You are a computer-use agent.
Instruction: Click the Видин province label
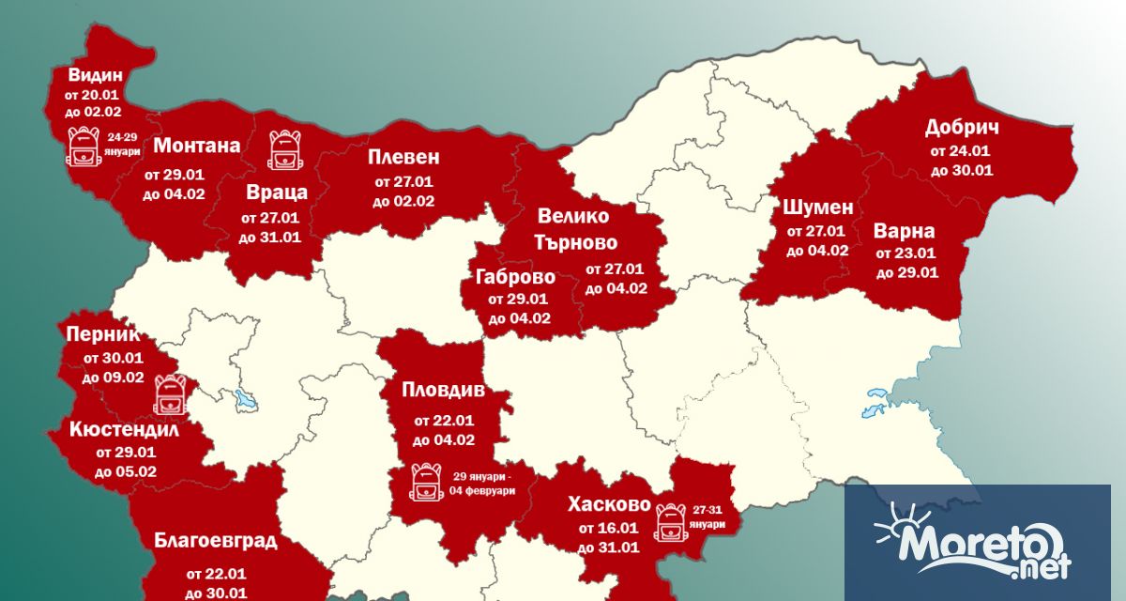[95, 75]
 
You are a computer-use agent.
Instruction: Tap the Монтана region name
[196, 146]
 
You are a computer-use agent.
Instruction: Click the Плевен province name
[403, 157]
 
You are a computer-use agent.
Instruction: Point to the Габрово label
[515, 277]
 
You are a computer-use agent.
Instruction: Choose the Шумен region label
[817, 208]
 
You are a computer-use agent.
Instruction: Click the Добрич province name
[961, 128]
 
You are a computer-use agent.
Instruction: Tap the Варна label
[904, 230]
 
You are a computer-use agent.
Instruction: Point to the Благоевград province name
[216, 541]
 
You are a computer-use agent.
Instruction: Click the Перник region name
[102, 333]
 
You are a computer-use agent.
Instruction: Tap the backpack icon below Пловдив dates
[425, 482]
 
